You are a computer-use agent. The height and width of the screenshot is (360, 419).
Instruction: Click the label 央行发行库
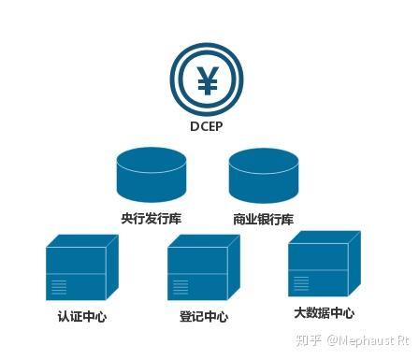151,220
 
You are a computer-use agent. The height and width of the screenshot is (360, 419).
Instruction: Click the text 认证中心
81,316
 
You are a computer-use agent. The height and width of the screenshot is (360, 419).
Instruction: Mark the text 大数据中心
324,312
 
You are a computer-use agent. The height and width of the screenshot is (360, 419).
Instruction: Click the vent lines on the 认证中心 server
59,285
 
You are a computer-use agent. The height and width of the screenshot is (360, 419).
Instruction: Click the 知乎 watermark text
309,341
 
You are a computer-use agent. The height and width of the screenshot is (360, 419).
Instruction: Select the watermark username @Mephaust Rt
368,341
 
